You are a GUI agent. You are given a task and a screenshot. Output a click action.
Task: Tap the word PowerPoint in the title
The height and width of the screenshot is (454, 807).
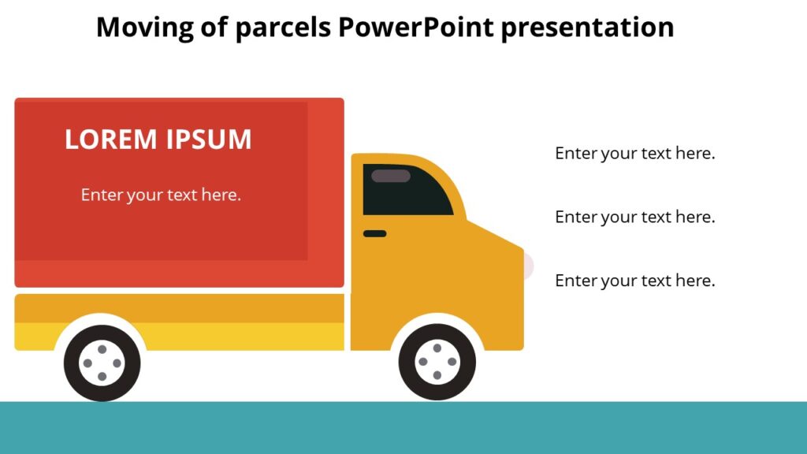pos(415,28)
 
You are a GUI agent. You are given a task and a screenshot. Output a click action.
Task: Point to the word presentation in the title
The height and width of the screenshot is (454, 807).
pos(588,28)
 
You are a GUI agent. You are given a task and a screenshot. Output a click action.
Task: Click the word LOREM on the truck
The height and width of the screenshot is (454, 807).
pos(111,140)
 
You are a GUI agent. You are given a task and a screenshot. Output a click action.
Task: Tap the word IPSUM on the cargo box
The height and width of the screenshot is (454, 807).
pos(209,140)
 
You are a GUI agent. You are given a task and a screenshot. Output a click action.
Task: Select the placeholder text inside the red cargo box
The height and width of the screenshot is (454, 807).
pos(161,195)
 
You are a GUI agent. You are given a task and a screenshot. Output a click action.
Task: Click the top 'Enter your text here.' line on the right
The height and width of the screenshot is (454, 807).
pos(634,153)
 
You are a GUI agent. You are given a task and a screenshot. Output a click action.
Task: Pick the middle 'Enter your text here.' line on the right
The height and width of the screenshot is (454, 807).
pos(634,217)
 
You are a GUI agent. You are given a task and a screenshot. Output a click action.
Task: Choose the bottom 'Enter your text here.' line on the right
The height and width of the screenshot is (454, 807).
pos(634,281)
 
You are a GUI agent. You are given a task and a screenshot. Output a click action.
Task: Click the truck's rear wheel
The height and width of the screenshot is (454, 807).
pos(102,363)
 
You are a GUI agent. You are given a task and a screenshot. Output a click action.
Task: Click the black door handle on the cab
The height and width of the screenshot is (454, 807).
pos(374,233)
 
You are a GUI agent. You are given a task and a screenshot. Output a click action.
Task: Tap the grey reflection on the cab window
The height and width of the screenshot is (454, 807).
pos(391,176)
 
